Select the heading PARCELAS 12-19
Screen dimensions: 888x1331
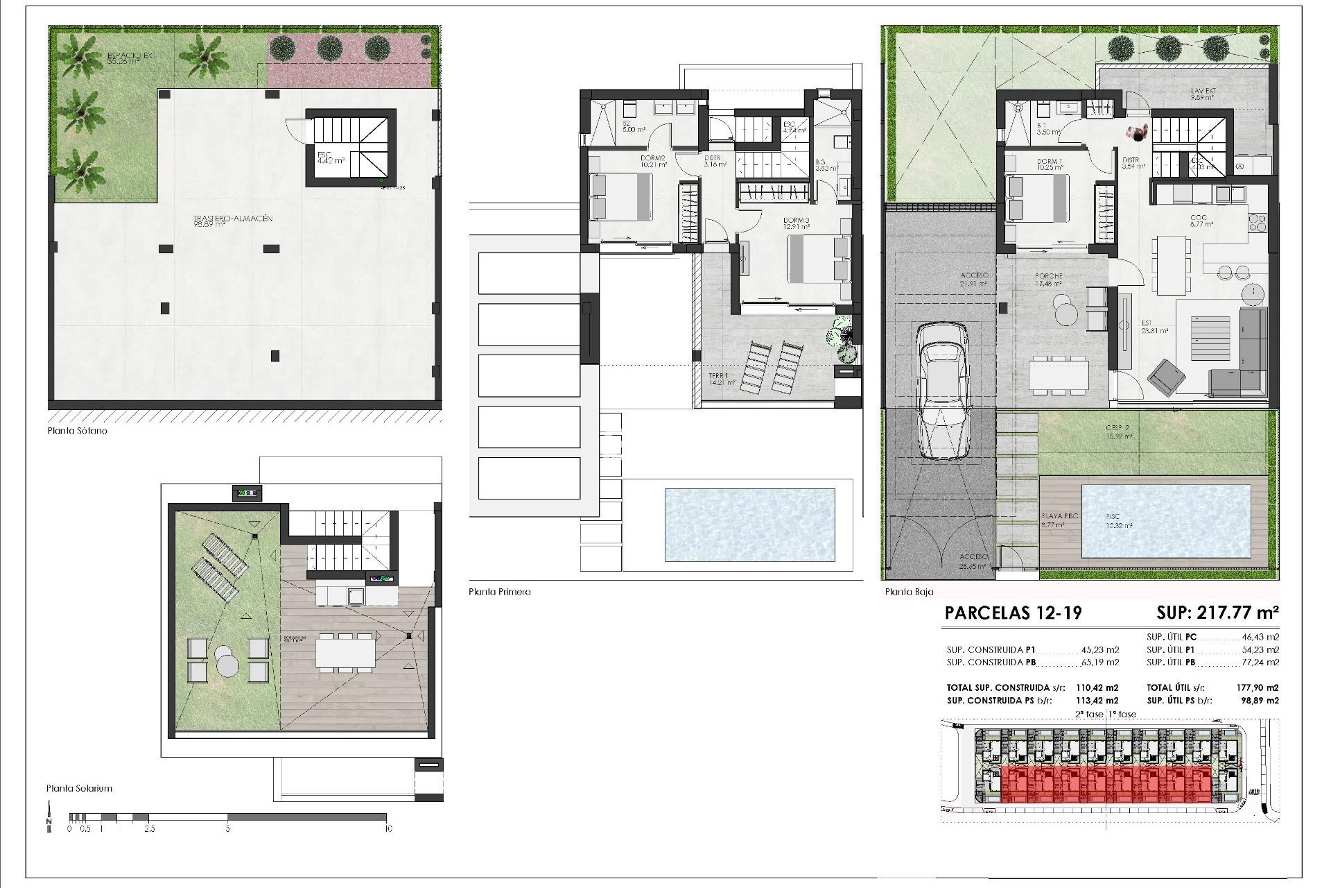[x=1013, y=613]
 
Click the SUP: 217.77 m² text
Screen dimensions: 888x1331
[x=1217, y=613]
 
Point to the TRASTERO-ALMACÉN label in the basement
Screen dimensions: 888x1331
[x=233, y=221]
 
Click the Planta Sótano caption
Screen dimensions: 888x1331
[x=77, y=431]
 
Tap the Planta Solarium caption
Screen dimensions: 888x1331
[x=79, y=788]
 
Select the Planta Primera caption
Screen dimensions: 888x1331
[x=499, y=592]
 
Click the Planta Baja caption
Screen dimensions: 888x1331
[x=909, y=592]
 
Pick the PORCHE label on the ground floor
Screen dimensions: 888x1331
[x=1047, y=279]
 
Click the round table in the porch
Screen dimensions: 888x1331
[x=1062, y=310]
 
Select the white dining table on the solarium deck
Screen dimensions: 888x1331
[x=345, y=652]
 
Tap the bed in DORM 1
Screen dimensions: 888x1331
[x=1037, y=199]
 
